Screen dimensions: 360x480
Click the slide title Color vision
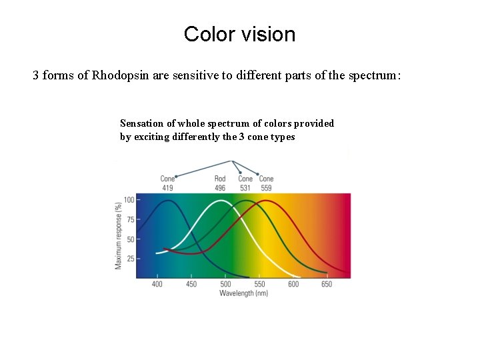tap(239, 34)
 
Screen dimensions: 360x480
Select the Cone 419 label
tap(167, 183)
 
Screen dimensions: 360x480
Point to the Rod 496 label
tap(220, 183)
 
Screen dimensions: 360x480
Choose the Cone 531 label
tap(245, 183)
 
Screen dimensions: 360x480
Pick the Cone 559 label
tap(266, 183)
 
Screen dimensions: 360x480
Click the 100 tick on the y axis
tap(129, 200)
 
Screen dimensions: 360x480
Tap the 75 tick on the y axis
tap(131, 219)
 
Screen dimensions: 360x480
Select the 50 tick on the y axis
tap(131, 239)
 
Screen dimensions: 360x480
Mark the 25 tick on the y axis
tap(131, 258)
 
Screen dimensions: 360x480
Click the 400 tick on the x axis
tap(157, 284)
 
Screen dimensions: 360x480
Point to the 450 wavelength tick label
tap(191, 284)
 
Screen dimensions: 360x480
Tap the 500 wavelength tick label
tap(225, 284)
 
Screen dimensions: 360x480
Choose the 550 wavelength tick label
tap(259, 284)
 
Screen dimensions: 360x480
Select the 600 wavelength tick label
tap(293, 284)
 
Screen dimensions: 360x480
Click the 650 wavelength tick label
tap(327, 284)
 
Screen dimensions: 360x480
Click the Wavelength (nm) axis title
tap(243, 293)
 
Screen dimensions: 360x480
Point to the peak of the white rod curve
tap(220, 201)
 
